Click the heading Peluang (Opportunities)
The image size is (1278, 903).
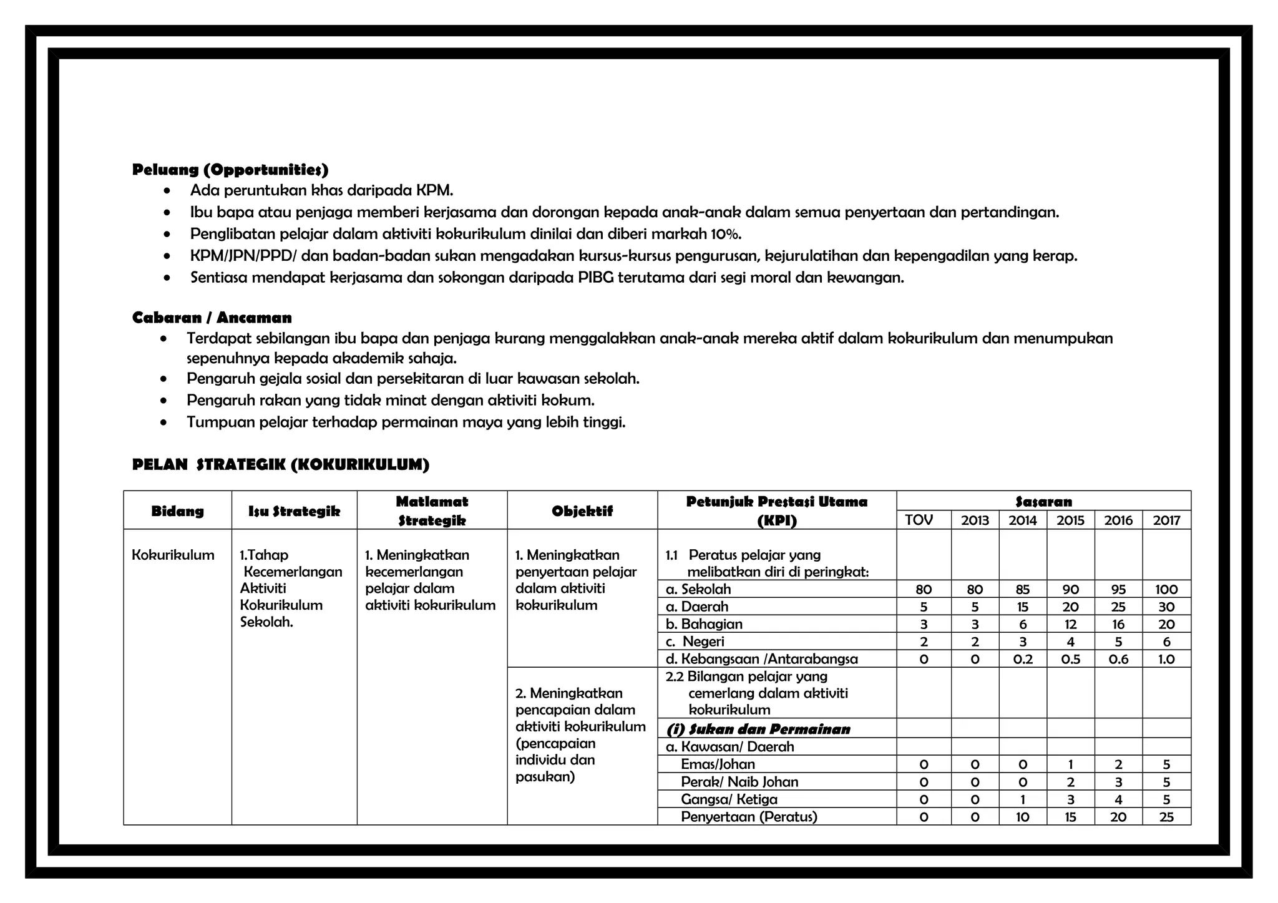(x=230, y=170)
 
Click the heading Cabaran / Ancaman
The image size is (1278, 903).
(x=212, y=318)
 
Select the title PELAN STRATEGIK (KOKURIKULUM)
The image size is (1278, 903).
(x=281, y=465)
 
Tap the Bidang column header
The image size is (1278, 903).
(x=177, y=511)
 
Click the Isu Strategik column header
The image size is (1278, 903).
(x=294, y=512)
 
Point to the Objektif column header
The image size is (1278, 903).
(x=582, y=512)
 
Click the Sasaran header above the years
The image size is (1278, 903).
(x=1043, y=502)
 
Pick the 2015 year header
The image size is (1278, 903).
(x=1070, y=520)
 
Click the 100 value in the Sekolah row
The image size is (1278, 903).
(x=1166, y=590)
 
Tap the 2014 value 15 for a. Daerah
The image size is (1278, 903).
(x=1023, y=607)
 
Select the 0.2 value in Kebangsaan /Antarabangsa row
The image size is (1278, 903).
(x=1023, y=660)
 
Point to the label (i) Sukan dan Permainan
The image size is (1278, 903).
(x=758, y=730)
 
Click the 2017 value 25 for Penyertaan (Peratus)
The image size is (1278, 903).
(x=1166, y=818)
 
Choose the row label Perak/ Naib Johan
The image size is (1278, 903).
(x=739, y=783)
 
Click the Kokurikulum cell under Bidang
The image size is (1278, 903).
(x=173, y=555)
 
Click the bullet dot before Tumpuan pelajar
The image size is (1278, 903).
(x=163, y=423)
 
